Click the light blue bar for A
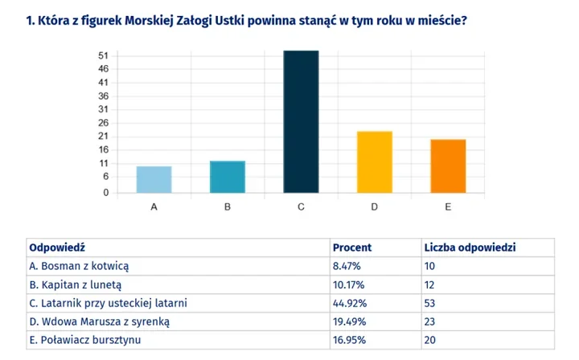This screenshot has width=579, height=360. pyautogui.click(x=154, y=179)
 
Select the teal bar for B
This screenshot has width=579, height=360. pyautogui.click(x=227, y=177)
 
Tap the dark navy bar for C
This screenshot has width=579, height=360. pyautogui.click(x=300, y=121)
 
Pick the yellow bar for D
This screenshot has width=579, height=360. pyautogui.click(x=374, y=162)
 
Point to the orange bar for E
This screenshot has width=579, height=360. pyautogui.click(x=447, y=166)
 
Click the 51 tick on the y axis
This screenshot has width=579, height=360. pyautogui.click(x=103, y=55)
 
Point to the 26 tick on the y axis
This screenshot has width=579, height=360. pyautogui.click(x=103, y=123)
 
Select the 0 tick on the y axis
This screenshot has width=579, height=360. pyautogui.click(x=105, y=193)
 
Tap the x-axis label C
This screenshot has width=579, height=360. pyautogui.click(x=300, y=207)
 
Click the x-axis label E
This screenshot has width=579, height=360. pyautogui.click(x=447, y=207)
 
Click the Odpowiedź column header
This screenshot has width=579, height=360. pyautogui.click(x=57, y=247)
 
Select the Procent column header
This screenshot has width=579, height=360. pyautogui.click(x=352, y=247)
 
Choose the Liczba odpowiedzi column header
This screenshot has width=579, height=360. pyautogui.click(x=470, y=247)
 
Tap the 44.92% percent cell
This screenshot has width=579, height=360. pyautogui.click(x=350, y=303)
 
